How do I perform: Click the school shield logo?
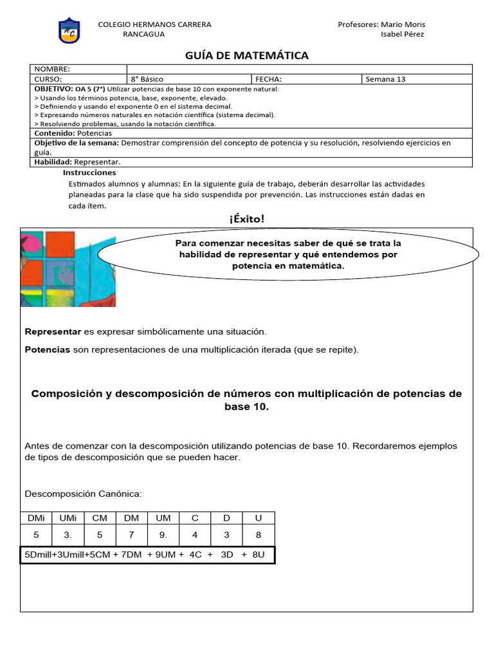click(69, 30)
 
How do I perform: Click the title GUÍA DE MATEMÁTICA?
click(247, 55)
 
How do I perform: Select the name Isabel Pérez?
click(403, 34)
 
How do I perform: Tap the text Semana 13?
click(385, 79)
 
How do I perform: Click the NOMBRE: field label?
click(52, 69)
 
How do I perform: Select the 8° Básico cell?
click(147, 79)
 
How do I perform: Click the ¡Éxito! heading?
click(247, 219)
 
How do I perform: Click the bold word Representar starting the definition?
click(53, 331)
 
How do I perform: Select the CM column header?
click(100, 518)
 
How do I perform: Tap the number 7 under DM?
click(131, 535)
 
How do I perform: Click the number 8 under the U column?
click(258, 535)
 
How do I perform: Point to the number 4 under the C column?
click(195, 535)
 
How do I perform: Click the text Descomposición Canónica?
click(82, 494)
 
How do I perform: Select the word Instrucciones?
click(89, 172)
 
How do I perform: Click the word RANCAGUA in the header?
click(143, 34)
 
